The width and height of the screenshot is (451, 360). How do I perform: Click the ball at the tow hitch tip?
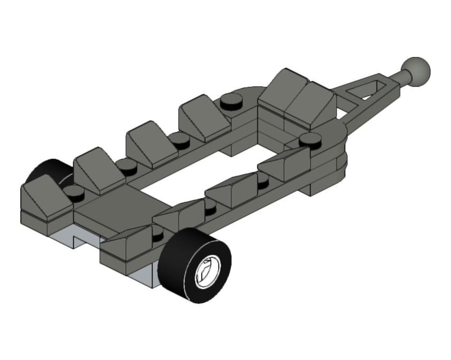tap(416, 71)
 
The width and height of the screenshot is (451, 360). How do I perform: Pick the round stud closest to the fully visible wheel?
tap(157, 233)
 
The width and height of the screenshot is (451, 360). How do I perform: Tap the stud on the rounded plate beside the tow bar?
tap(309, 139)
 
